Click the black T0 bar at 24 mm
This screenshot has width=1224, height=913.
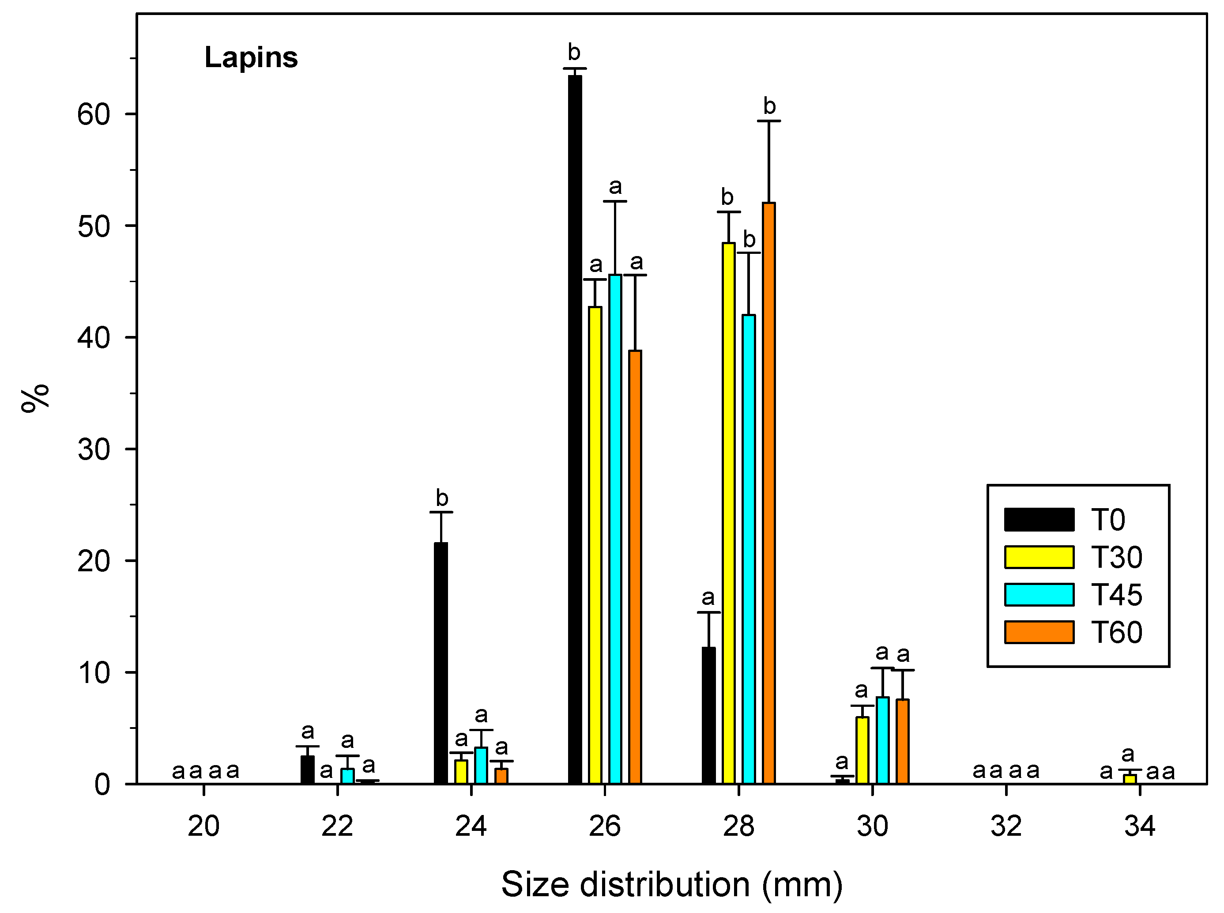click(x=441, y=663)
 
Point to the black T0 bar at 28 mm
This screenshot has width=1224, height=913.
click(x=708, y=715)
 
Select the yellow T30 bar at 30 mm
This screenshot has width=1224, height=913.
click(x=862, y=750)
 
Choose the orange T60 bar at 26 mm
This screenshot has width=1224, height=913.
click(x=635, y=566)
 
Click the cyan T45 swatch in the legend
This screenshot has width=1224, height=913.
click(x=1039, y=595)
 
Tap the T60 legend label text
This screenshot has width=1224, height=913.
click(x=1117, y=632)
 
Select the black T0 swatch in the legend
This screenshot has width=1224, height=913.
click(x=1039, y=520)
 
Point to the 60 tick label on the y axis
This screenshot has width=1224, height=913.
click(x=94, y=115)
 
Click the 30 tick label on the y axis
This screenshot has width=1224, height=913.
click(x=94, y=450)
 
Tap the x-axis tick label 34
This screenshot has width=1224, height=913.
click(x=1139, y=826)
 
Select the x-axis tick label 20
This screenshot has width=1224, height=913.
click(x=203, y=826)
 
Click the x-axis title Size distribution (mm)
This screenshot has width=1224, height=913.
click(x=671, y=884)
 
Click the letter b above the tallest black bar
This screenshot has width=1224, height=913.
click(x=574, y=53)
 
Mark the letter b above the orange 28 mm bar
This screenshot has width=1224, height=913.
click(x=769, y=106)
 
